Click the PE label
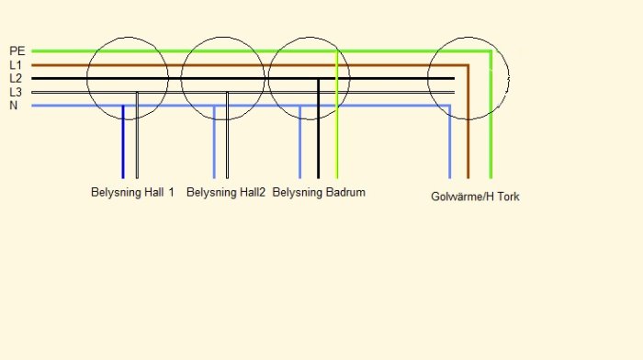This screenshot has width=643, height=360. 17,51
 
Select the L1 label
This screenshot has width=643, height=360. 16,65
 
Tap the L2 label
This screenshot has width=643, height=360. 16,78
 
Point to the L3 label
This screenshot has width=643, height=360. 16,92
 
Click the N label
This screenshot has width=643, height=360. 14,106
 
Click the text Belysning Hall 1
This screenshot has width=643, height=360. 132,192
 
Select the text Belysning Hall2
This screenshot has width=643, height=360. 226,192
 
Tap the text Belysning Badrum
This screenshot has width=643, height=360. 319,192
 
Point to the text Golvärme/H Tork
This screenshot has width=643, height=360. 475,197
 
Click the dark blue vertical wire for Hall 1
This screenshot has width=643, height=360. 122,141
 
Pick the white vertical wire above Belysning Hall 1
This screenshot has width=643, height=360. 137,135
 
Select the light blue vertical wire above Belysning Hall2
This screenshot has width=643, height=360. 214,141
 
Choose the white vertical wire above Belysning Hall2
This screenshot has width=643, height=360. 227,135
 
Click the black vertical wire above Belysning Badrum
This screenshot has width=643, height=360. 318,129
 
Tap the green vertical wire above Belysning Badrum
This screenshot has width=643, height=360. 337,115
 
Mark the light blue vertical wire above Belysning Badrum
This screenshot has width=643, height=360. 299,141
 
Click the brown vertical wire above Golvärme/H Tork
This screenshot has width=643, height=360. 468,122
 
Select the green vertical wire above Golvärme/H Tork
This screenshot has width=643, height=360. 491,115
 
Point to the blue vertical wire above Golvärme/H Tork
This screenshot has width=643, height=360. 450,141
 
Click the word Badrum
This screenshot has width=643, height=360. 345,192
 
